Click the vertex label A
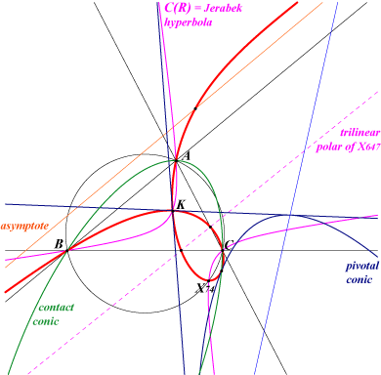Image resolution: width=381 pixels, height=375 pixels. click(x=187, y=156)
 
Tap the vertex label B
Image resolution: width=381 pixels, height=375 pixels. click(x=59, y=244)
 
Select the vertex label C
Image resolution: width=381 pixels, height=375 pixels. click(x=230, y=245)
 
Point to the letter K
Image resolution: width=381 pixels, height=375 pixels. click(x=181, y=205)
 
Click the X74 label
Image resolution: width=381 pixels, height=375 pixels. click(x=205, y=288)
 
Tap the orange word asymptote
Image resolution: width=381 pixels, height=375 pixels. click(x=24, y=226)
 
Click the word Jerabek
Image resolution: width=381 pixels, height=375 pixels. click(x=223, y=8)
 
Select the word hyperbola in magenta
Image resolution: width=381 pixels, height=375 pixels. click(x=189, y=22)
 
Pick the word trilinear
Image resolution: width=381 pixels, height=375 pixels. click(x=360, y=133)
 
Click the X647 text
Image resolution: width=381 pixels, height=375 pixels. click(x=368, y=146)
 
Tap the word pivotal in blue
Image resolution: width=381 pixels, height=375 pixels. click(x=362, y=267)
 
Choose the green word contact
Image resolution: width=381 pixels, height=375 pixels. click(x=57, y=307)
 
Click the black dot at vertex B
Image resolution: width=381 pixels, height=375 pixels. click(x=67, y=250)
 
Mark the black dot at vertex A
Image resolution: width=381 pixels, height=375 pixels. click(x=176, y=160)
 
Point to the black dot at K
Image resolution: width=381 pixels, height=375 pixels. click(x=173, y=211)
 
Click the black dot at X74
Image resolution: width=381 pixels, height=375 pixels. click(x=209, y=280)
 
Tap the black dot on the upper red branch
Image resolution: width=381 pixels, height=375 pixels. click(x=195, y=108)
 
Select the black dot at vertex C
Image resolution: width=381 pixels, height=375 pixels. click(x=223, y=250)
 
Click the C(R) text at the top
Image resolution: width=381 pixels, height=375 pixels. click(x=178, y=8)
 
